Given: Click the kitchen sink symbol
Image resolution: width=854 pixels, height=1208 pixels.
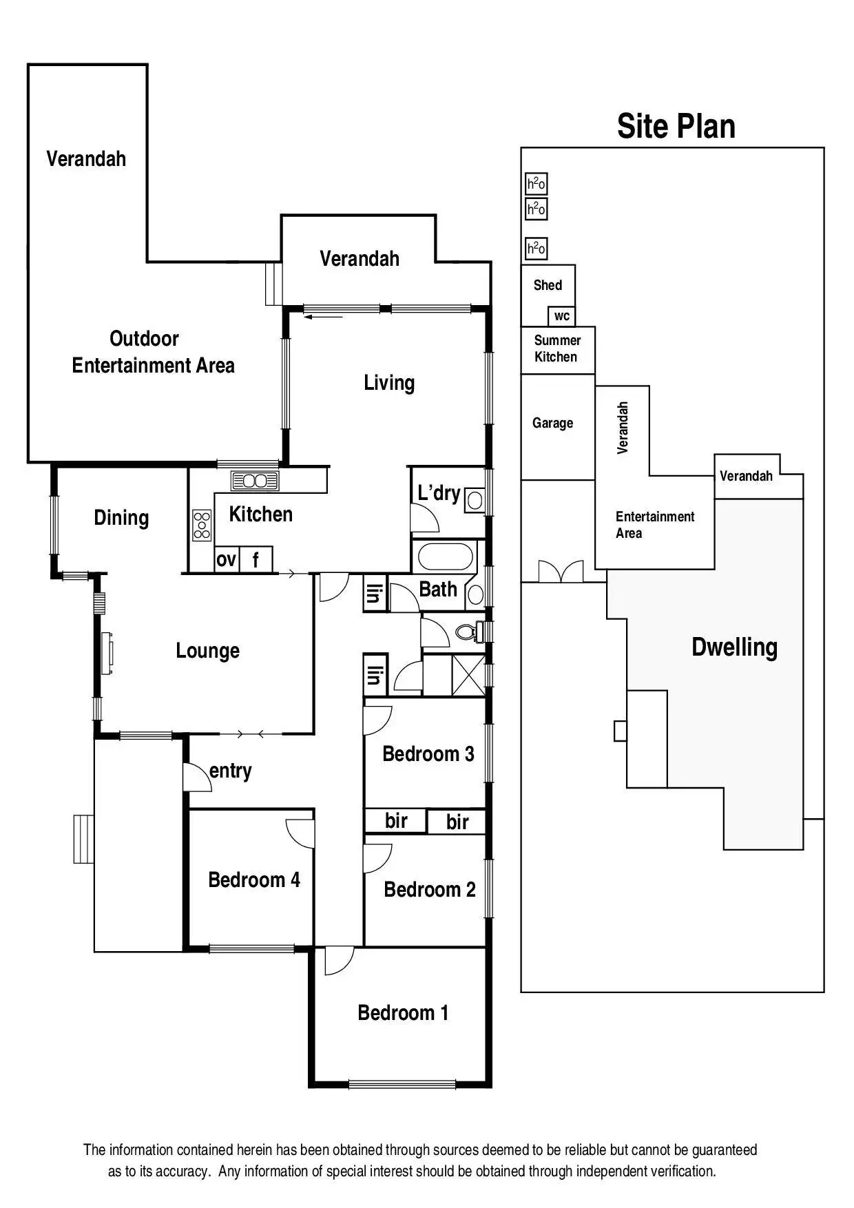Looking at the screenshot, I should click(x=255, y=480).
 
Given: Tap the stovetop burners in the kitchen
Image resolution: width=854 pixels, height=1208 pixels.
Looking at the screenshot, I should click(x=202, y=525).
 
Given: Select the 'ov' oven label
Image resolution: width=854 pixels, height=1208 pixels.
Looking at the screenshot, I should click(x=226, y=560).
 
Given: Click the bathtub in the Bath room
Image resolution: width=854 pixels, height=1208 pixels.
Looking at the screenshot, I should click(x=446, y=556).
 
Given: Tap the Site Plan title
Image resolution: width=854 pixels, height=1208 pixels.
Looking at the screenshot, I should click(x=676, y=126).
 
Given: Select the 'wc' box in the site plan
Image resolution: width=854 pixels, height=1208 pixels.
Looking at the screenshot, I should click(x=562, y=316).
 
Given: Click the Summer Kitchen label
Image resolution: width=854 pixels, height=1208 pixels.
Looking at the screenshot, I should click(x=556, y=348).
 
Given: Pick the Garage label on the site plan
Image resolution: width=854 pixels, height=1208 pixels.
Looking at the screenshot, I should click(x=552, y=423).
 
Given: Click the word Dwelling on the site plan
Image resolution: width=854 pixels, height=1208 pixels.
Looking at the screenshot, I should click(x=734, y=647).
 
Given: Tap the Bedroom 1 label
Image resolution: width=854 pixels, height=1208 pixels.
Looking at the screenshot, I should click(x=403, y=1012).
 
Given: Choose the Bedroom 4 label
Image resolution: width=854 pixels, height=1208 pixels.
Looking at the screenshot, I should click(x=253, y=879).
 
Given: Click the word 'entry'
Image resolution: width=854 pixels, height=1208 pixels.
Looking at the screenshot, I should click(x=230, y=771).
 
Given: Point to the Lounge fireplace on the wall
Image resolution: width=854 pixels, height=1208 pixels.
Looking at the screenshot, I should click(x=107, y=653).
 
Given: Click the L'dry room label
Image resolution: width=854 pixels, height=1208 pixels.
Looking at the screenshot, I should click(x=439, y=493).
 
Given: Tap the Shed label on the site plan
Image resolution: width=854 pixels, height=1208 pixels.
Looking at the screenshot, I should click(x=548, y=285).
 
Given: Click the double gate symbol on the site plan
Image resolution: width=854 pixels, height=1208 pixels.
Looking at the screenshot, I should click(x=561, y=572).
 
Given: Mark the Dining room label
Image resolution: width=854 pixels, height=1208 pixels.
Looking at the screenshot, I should click(x=121, y=518).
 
